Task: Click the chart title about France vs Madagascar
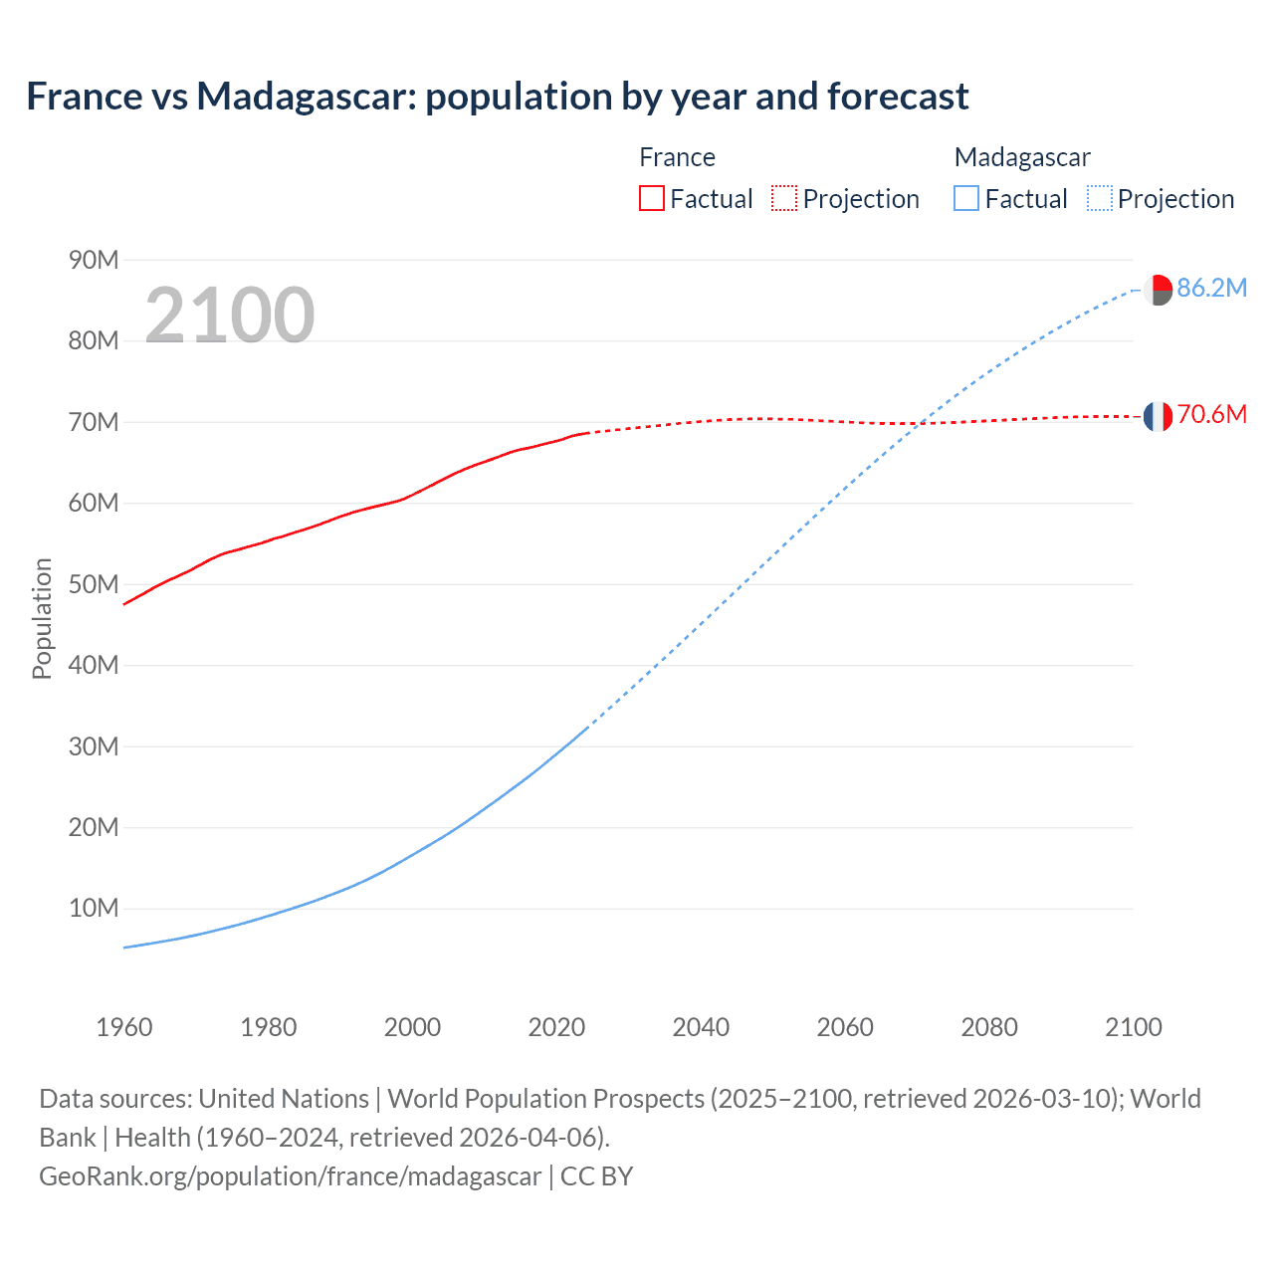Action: point(497,97)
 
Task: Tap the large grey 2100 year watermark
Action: point(230,316)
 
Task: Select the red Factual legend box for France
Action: point(651,198)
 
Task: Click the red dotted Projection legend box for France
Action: point(784,198)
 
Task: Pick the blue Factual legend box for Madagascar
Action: point(965,198)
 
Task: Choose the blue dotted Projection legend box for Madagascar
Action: point(1099,198)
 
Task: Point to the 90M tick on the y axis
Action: point(94,260)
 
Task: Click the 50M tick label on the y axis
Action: point(94,584)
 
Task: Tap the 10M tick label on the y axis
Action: point(94,908)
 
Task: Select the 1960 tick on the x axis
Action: point(124,1027)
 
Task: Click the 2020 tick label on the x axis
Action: point(556,1027)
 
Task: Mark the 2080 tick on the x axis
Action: point(989,1027)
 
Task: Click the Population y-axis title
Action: point(42,618)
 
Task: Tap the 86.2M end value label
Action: point(1211,289)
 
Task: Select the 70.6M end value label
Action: point(1211,415)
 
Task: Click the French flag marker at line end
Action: point(1158,416)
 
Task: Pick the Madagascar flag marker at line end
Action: point(1158,290)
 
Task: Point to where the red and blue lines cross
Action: point(920,423)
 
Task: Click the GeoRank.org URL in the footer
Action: point(291,1176)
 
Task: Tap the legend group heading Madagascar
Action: point(1022,157)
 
